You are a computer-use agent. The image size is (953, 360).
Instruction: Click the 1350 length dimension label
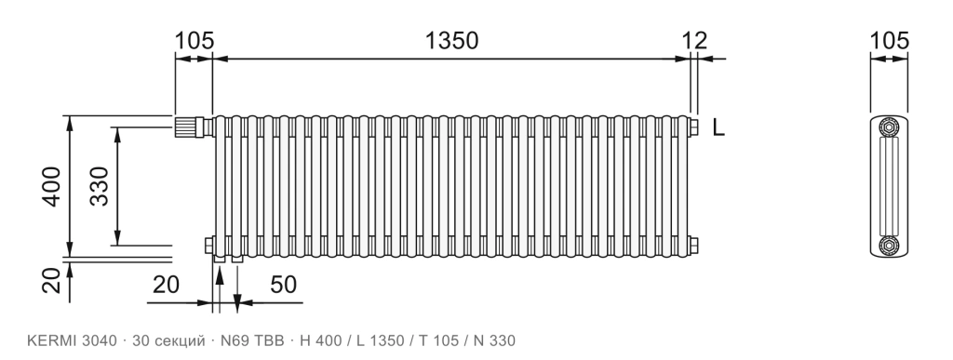[x=451, y=41]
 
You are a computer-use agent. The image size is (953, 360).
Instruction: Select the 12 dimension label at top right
[x=694, y=41]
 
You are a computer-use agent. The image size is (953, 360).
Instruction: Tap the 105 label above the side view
[x=889, y=41]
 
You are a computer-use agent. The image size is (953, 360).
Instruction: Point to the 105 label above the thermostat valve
[x=195, y=41]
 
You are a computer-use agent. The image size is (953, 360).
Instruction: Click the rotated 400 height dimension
[x=51, y=186]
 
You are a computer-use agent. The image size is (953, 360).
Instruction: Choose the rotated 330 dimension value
[x=99, y=186]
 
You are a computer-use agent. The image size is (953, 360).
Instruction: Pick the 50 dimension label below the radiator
[x=283, y=284]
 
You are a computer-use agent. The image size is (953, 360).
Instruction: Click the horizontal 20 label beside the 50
[x=166, y=284]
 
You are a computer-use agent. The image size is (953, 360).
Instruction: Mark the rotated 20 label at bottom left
[x=51, y=281]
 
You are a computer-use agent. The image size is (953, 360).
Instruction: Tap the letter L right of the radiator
[x=719, y=128]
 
